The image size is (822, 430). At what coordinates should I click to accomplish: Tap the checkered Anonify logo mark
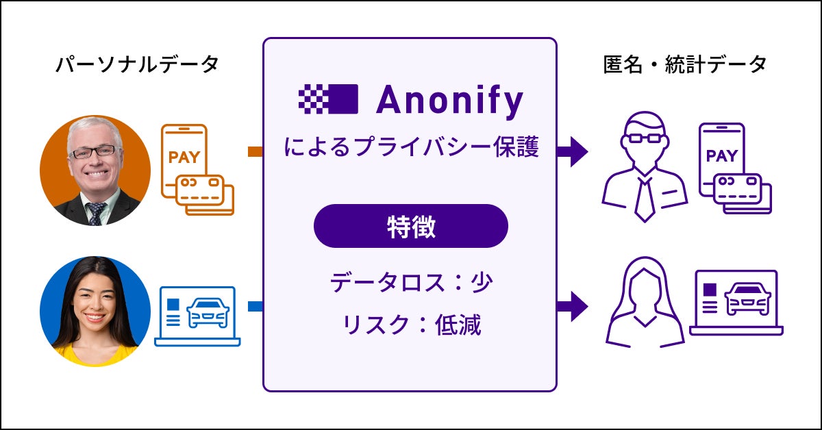coord(328,99)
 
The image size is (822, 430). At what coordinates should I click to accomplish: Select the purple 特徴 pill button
coord(410,226)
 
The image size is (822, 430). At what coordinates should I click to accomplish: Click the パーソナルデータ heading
coord(137,65)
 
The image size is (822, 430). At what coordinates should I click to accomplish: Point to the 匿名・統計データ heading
coord(684,65)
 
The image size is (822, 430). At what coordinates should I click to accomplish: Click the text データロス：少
coord(410,282)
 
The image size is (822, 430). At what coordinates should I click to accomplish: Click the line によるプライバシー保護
coord(410,146)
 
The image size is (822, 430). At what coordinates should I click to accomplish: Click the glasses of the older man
coord(95,151)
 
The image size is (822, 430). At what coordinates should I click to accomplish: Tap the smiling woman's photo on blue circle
coord(95,312)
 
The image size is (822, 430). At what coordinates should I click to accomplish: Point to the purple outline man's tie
coord(644,199)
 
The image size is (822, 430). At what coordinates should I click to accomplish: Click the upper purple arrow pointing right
coord(573,149)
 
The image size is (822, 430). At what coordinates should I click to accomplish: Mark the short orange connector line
coord(255,151)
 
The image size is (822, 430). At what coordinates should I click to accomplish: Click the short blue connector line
coord(255,306)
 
